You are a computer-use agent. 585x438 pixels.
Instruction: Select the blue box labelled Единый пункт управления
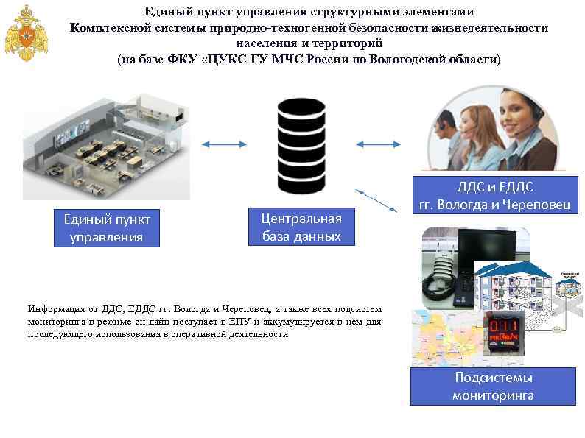[108, 228]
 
